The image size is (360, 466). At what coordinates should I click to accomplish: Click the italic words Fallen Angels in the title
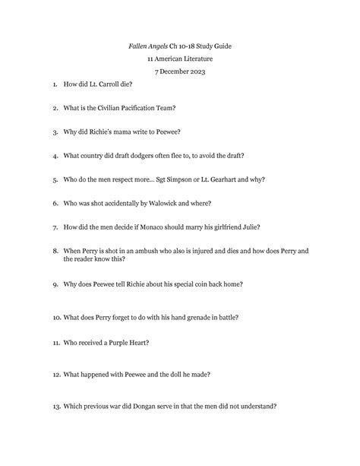[149, 46]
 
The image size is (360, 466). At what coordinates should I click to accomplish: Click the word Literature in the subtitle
[196, 59]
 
